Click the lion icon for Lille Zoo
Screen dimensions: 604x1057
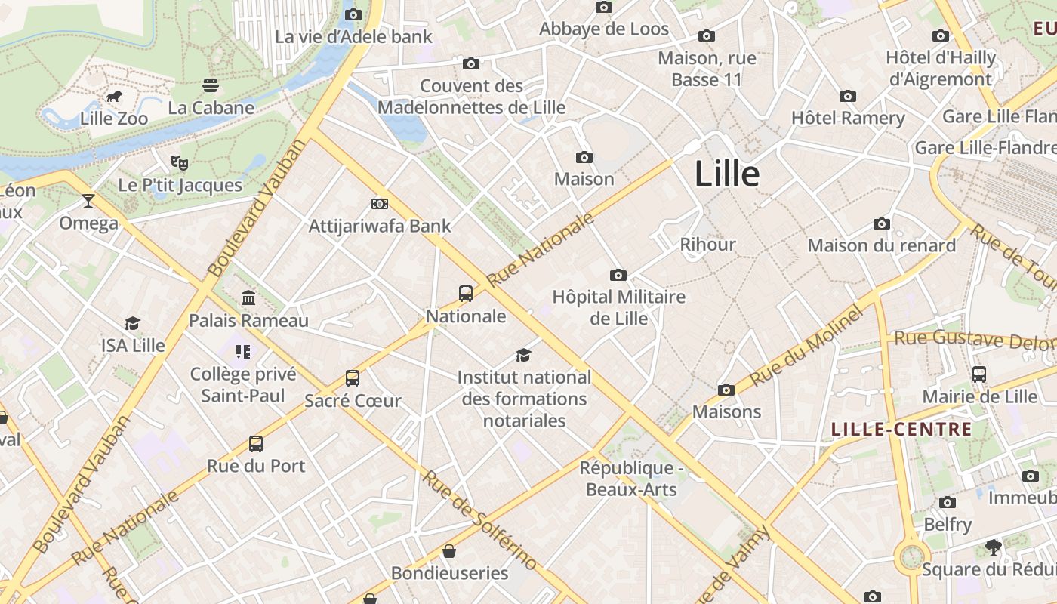(114, 96)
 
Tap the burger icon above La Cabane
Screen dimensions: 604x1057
(211, 85)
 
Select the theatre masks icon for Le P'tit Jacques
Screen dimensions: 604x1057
(180, 162)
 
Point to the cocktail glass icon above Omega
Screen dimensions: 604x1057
(88, 201)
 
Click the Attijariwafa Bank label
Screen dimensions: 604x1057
(380, 226)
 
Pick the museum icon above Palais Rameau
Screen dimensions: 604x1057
(248, 298)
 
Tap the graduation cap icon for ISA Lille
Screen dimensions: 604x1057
(133, 323)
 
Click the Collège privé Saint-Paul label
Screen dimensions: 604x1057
(243, 385)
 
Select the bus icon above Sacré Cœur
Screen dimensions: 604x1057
(353, 378)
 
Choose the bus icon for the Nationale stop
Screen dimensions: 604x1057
(466, 294)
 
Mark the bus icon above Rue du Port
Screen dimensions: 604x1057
(256, 444)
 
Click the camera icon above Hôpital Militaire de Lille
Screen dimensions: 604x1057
(618, 275)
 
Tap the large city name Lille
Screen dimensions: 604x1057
(726, 174)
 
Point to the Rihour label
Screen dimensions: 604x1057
(707, 245)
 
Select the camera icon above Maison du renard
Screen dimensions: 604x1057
(881, 223)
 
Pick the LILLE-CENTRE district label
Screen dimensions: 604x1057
(901, 430)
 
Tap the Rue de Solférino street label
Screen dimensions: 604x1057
(479, 520)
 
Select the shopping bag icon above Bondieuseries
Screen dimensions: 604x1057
(449, 551)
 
